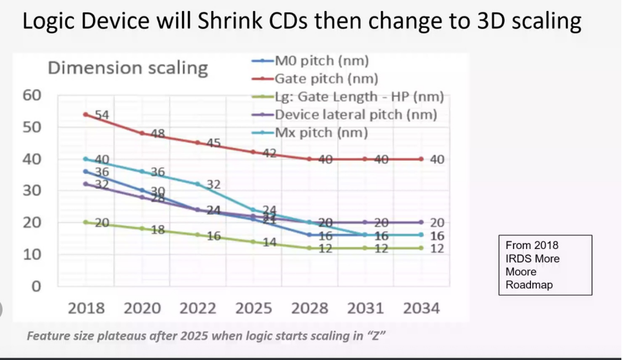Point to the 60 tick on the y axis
32,95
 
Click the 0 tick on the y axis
37,286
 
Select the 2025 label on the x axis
254,308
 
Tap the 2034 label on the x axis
421,308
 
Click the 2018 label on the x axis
86,308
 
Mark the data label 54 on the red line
103,115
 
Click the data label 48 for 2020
158,134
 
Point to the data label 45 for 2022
214,143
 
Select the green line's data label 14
269,243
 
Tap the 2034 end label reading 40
437,159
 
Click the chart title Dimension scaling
128,68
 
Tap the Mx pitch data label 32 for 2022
214,185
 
